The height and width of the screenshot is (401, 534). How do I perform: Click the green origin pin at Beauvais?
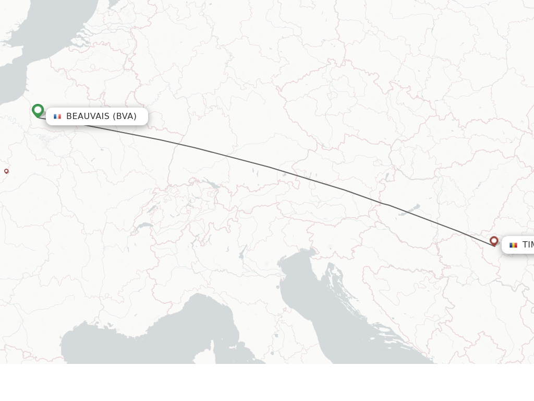click(x=38, y=110)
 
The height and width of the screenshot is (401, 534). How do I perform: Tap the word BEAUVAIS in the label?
click(x=88, y=116)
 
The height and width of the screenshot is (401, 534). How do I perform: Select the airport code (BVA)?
click(x=125, y=116)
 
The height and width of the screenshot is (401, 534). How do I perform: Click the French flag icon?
click(x=57, y=116)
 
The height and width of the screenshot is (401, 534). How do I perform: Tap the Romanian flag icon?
click(x=514, y=245)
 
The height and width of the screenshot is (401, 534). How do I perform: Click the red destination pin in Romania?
click(x=494, y=241)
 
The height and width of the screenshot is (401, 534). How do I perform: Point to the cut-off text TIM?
click(x=528, y=245)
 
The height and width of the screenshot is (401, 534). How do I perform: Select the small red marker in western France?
click(x=6, y=171)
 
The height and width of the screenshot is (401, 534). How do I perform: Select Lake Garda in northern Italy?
click(x=242, y=253)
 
